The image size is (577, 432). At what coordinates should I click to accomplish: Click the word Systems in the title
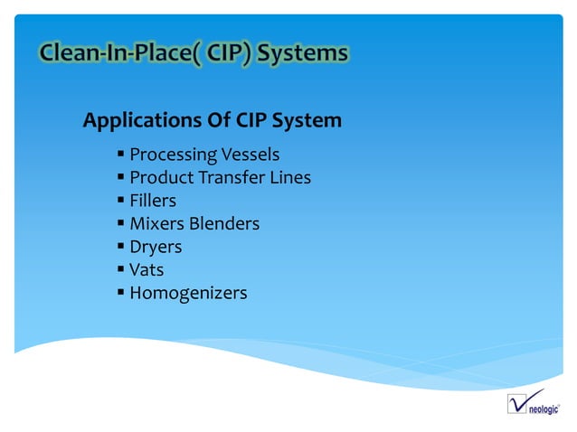coord(302,54)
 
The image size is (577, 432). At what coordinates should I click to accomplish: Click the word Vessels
coord(245,155)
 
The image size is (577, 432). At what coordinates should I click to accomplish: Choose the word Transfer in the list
coord(230,178)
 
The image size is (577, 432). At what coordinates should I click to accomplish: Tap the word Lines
coord(290,178)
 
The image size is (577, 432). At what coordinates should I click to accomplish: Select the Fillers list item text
coord(153,201)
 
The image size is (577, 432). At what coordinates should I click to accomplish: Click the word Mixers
coord(156,223)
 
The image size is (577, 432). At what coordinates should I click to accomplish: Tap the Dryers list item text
coord(156,247)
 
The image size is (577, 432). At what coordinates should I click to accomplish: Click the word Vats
coord(147,269)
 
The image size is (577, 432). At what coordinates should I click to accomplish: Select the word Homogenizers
coord(188,293)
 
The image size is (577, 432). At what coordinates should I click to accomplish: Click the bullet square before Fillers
coord(120,201)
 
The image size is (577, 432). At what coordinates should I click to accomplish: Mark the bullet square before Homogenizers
coord(120,292)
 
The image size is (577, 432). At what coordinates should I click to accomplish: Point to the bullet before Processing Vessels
coord(120,154)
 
